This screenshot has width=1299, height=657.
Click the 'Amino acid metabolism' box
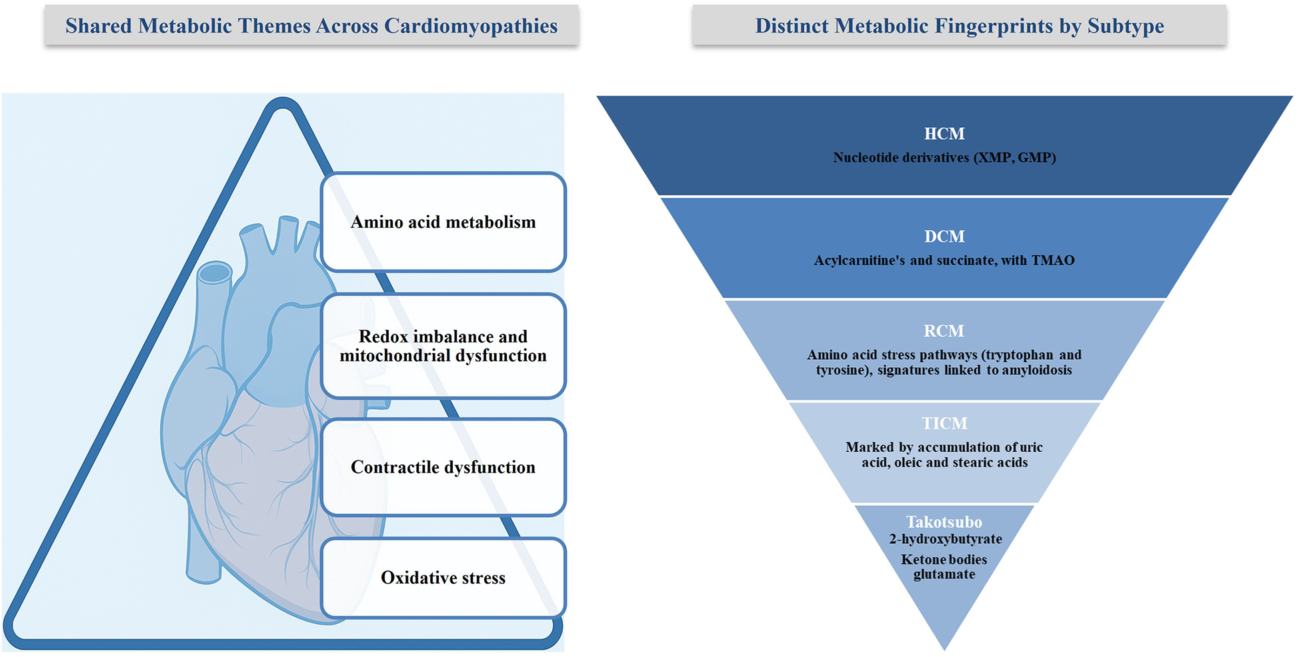click(x=443, y=222)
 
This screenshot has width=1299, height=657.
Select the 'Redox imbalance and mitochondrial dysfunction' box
click(x=443, y=346)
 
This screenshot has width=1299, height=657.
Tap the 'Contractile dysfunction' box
click(x=443, y=467)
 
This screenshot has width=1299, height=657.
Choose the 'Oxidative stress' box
click(x=443, y=578)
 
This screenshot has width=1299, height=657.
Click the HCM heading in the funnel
click(x=944, y=134)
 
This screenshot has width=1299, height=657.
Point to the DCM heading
click(x=944, y=237)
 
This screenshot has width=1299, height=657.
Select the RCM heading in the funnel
click(x=944, y=331)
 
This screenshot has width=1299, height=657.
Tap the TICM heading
click(x=944, y=423)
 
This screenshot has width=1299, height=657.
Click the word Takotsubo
click(x=944, y=522)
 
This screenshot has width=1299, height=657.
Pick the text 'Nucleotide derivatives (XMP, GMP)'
click(x=944, y=158)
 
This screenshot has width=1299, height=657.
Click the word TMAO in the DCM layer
click(x=1053, y=261)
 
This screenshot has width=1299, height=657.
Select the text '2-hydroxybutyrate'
click(x=945, y=539)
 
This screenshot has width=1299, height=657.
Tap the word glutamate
click(x=944, y=574)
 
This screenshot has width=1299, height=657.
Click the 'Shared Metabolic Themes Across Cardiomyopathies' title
click(x=311, y=26)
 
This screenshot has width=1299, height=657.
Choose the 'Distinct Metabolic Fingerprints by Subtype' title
click(x=960, y=26)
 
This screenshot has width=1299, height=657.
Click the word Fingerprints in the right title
click(x=1008, y=26)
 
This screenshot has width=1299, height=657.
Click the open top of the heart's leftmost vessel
click(x=215, y=273)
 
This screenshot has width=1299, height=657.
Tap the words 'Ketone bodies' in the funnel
click(x=944, y=560)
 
